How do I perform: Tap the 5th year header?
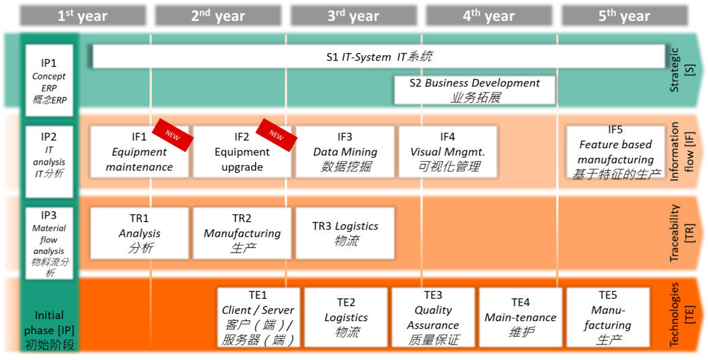coord(624,16)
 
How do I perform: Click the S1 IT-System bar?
coord(379,57)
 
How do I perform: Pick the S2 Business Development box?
coord(474,90)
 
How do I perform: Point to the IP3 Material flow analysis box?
coord(49,242)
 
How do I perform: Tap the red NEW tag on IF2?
coord(275,134)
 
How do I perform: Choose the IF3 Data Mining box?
coord(344,151)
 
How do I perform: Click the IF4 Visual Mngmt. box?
coord(447,151)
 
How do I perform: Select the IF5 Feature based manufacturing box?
coord(615,151)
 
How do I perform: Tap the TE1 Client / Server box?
coord(258,317)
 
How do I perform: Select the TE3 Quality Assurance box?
coord(433,317)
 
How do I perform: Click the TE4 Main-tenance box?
coord(520,317)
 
